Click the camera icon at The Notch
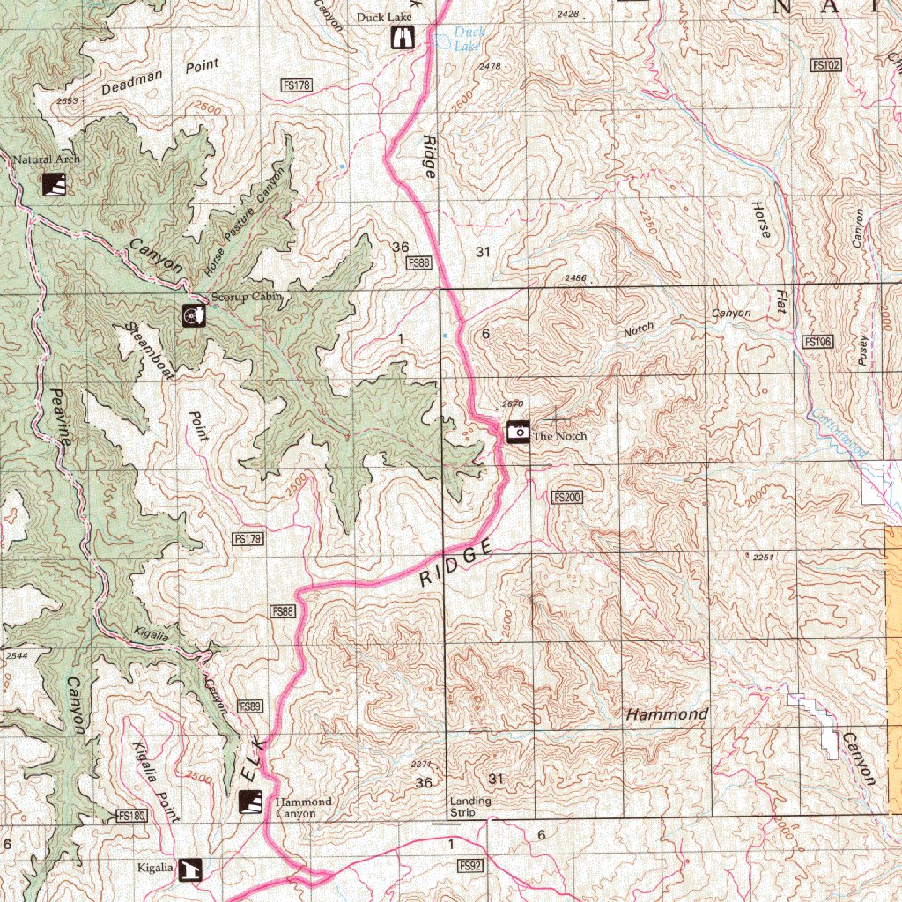(518, 432)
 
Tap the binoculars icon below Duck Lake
(403, 38)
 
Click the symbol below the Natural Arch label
(54, 184)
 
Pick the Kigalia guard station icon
(190, 869)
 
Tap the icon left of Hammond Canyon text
(251, 802)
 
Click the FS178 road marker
(297, 85)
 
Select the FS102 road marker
(826, 64)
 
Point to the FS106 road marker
(818, 342)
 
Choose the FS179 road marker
(249, 538)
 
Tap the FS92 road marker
(471, 867)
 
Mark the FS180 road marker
(129, 817)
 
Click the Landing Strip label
(470, 807)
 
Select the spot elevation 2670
(513, 404)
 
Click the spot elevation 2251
(763, 557)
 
